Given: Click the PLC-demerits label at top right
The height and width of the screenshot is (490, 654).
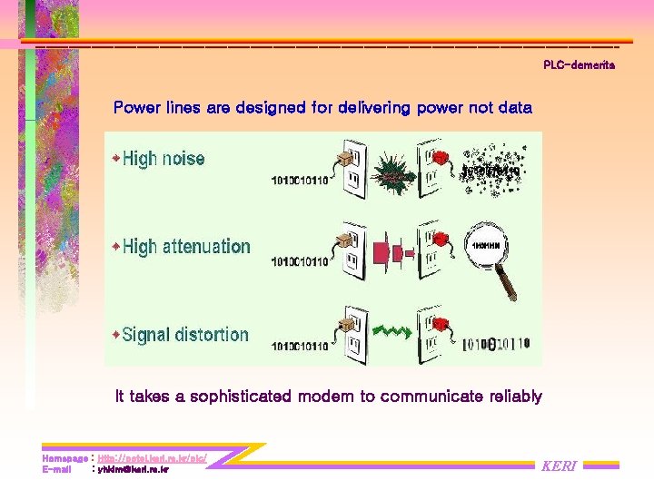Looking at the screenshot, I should point(579,65).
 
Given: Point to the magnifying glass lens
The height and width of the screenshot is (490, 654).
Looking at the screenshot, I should point(490,245).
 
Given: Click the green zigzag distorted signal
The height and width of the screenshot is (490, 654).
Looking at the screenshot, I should point(392,332).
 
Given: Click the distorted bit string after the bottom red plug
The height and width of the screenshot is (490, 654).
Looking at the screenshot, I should point(496,344).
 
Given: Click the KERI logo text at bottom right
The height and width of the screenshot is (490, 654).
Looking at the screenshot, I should point(558,466).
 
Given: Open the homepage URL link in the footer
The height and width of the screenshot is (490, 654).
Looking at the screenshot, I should point(152,459).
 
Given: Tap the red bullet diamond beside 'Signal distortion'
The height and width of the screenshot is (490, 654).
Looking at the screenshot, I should point(115,335).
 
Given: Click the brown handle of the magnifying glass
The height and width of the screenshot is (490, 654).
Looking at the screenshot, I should point(512,282).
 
